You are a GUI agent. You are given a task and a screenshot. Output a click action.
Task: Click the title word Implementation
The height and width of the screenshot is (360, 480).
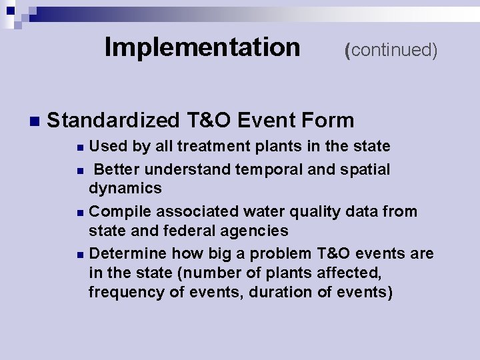click(x=202, y=47)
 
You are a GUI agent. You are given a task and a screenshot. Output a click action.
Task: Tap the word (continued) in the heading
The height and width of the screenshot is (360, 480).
click(x=391, y=50)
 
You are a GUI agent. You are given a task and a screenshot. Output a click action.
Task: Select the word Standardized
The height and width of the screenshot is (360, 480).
click(x=113, y=121)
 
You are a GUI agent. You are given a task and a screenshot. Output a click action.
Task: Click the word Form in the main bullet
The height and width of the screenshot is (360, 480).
click(x=327, y=121)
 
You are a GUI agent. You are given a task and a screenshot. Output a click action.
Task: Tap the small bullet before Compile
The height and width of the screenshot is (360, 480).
click(x=80, y=213)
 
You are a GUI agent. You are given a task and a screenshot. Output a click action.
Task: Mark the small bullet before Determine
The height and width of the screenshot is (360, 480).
click(x=80, y=255)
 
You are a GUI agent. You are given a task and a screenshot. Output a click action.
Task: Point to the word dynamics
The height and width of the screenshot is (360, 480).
click(x=125, y=189)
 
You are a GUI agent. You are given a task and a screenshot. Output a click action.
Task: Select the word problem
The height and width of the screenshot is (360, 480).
click(x=279, y=254)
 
